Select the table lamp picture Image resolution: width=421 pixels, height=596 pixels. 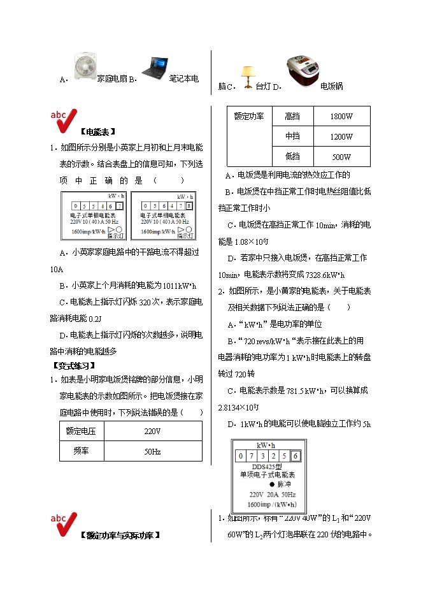[x=246, y=77]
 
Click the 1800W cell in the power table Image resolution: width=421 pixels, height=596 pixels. [x=341, y=117]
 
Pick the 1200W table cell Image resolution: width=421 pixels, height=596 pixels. [x=341, y=136]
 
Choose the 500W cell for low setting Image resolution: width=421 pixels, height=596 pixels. [x=341, y=157]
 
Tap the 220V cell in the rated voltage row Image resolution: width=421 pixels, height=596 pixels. [x=152, y=431]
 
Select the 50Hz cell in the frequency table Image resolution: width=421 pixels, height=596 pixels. [x=152, y=451]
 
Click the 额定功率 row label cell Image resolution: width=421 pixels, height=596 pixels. [x=250, y=117]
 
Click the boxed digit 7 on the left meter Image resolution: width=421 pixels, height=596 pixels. [x=119, y=206]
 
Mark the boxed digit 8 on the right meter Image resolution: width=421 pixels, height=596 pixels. [x=189, y=206]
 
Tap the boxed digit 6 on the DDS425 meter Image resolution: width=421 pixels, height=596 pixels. [x=296, y=456]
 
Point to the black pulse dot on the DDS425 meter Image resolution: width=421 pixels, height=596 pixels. [x=263, y=484]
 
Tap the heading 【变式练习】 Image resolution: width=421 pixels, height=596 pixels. [x=73, y=365]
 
